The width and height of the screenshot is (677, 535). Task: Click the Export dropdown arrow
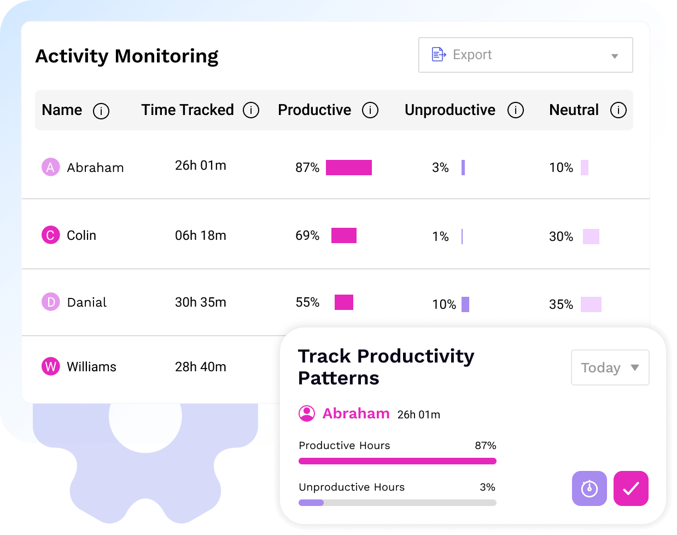point(614,56)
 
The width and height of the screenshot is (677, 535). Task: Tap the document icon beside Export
point(439,54)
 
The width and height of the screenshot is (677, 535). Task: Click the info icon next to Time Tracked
point(251,110)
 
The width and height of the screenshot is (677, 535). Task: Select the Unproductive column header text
point(450,110)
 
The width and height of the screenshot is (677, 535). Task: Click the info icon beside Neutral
point(618,110)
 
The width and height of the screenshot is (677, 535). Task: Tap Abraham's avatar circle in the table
point(50,167)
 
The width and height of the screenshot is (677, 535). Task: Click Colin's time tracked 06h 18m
point(200,235)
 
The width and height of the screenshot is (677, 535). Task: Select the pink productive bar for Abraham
point(348,168)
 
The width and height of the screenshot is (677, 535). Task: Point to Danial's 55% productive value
point(307,302)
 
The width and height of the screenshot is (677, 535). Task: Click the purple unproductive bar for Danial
point(465,304)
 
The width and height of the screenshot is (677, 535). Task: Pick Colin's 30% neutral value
point(561,237)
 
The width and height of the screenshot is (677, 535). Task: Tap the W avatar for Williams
point(50,366)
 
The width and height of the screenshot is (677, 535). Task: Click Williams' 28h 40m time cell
point(200,367)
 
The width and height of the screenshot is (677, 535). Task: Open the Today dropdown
point(610,367)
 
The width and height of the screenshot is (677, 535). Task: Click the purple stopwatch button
point(589,488)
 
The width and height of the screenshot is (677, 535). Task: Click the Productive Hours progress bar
point(397,461)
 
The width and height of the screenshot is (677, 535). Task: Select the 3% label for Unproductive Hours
point(487,487)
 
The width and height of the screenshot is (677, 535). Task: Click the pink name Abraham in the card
point(356,413)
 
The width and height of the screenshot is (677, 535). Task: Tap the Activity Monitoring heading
point(127,56)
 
